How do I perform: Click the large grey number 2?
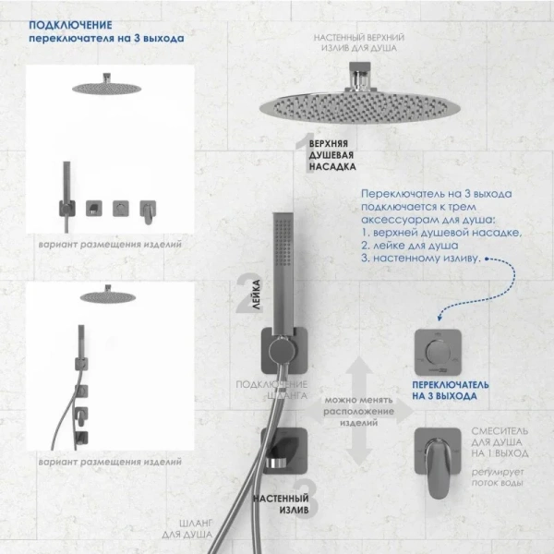(245, 288)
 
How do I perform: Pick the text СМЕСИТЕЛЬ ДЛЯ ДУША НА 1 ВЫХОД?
(500, 442)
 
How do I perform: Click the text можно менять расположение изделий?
(353, 412)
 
